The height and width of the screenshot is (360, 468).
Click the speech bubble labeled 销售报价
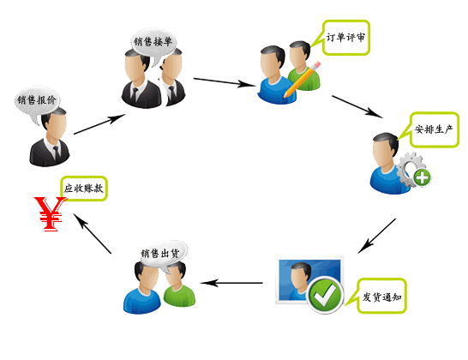(x=37, y=101)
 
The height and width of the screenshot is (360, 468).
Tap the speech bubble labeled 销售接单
(x=153, y=43)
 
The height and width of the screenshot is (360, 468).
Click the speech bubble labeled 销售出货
(x=164, y=255)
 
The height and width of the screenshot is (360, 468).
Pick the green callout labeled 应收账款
(x=83, y=189)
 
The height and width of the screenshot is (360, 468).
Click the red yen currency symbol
(x=50, y=213)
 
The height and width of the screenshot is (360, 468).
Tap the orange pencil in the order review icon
(x=302, y=80)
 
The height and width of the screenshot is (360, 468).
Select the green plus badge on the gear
(x=422, y=178)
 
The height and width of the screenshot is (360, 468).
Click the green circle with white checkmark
(x=325, y=295)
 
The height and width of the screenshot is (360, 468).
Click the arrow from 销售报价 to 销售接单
(x=99, y=124)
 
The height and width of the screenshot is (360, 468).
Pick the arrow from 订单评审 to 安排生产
(x=357, y=107)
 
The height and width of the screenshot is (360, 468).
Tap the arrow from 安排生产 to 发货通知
(x=376, y=237)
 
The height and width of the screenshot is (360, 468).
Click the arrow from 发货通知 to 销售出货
(x=231, y=283)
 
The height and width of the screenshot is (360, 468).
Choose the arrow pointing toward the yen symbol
(x=92, y=233)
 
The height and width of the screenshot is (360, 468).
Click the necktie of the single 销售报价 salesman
(x=56, y=153)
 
